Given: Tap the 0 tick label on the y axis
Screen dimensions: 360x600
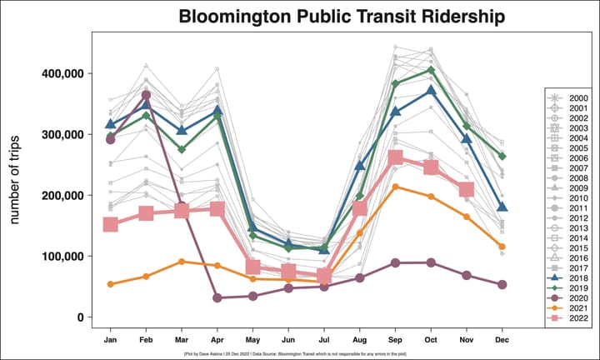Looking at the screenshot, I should point(79,317).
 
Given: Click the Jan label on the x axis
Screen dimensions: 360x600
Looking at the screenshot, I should point(110,340).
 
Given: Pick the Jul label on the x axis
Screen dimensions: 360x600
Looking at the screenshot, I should point(324,340).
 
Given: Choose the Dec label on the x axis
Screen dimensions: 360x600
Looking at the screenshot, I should point(502,340).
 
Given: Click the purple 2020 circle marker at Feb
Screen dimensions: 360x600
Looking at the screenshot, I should point(146,95).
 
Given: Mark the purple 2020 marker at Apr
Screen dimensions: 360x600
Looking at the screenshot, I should point(217,297).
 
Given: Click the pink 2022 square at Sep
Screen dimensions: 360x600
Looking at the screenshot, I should point(396,157).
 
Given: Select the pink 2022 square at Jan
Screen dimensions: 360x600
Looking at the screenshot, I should point(110,225).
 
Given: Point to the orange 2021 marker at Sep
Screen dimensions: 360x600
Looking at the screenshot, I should point(396,187).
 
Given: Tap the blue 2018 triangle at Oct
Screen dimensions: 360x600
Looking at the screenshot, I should point(432,90).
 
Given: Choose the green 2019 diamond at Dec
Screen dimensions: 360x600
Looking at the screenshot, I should point(502,156).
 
